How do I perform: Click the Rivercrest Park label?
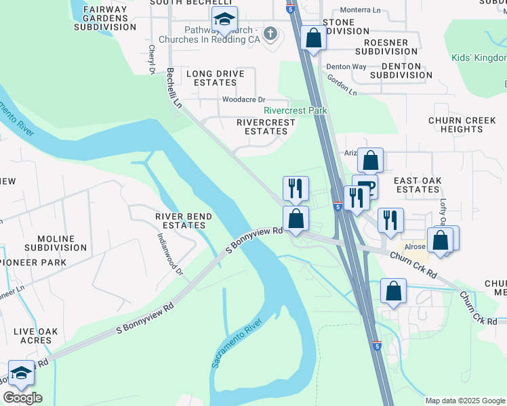click(x=295, y=110)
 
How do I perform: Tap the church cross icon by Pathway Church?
click(x=270, y=33)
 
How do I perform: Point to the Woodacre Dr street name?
click(x=243, y=99)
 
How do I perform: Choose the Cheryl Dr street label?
click(x=153, y=60)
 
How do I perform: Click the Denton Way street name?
click(x=346, y=67)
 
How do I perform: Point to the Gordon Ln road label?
click(x=341, y=85)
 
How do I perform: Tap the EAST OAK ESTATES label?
click(x=418, y=185)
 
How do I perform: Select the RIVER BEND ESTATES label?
click(x=184, y=221)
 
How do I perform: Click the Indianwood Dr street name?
click(x=170, y=254)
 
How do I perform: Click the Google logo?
click(x=22, y=397)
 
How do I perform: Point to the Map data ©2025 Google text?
click(x=464, y=401)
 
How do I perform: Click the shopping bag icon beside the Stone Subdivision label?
click(x=313, y=38)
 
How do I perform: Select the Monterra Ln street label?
click(x=361, y=10)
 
